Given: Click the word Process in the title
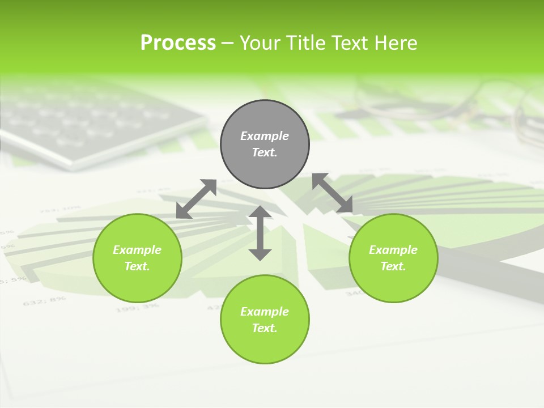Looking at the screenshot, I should tap(178, 43).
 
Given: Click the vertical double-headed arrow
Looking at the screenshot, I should tap(260, 233).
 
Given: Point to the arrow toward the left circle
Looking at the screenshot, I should tap(197, 199).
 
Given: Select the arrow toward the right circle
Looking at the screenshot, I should tap(333, 193).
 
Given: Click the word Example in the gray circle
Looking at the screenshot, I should tap(265, 136).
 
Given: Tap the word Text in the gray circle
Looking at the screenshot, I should tap(265, 152).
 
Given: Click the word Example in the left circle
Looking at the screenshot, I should tap(137, 250).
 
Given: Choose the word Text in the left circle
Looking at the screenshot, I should tap(137, 266).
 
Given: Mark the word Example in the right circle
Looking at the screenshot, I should tap(393, 250).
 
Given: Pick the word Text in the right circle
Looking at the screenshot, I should tap(393, 266).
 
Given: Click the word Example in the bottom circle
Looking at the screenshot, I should tap(265, 312).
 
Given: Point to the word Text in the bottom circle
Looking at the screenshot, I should tap(265, 328).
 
